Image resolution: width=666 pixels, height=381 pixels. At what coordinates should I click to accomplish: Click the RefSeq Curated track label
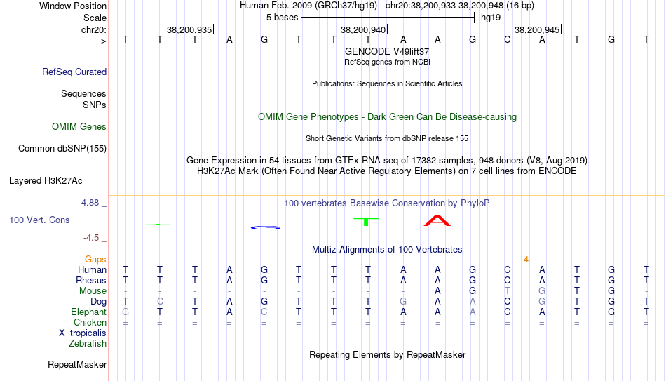coord(74,72)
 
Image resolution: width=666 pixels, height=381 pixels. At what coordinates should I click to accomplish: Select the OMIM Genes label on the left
coord(79,127)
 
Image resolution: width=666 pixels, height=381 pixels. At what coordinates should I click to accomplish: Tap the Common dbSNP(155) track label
coord(62,148)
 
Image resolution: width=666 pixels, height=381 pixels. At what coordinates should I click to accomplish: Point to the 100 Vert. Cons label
coord(39,220)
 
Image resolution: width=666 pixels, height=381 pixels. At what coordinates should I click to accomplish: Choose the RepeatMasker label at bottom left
coord(77,365)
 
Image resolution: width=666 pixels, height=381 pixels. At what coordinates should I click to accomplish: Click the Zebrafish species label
coord(88,344)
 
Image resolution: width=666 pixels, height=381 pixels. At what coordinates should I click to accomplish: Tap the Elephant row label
coord(88,312)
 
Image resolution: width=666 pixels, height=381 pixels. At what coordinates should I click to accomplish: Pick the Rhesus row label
coord(91,281)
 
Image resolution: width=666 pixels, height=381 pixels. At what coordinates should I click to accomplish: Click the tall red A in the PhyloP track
coord(437,221)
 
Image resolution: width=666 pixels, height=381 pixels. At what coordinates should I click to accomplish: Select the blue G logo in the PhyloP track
coord(265,227)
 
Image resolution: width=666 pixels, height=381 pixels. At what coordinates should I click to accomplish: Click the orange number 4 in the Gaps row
coord(526,260)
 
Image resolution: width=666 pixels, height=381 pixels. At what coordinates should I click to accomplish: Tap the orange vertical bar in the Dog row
coord(526,301)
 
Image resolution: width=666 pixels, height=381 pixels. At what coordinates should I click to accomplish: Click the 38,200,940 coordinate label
coord(363,30)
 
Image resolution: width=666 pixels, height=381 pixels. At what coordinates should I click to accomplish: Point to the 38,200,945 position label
coord(537,30)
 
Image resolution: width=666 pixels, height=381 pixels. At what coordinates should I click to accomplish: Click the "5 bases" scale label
coord(283,17)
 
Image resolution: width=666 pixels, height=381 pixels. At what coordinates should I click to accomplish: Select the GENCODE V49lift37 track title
coord(387,52)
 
